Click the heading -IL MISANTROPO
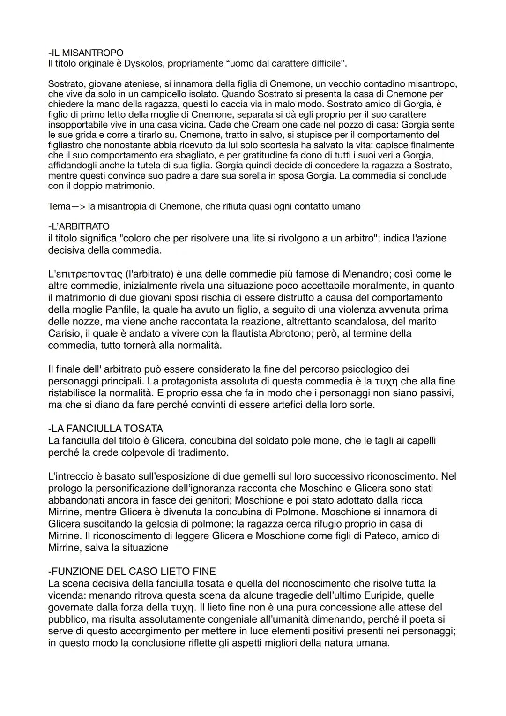(86, 53)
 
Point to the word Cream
(266, 125)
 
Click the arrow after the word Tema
(78, 207)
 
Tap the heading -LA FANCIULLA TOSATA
(105, 429)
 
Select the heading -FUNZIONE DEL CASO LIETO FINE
(132, 572)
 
